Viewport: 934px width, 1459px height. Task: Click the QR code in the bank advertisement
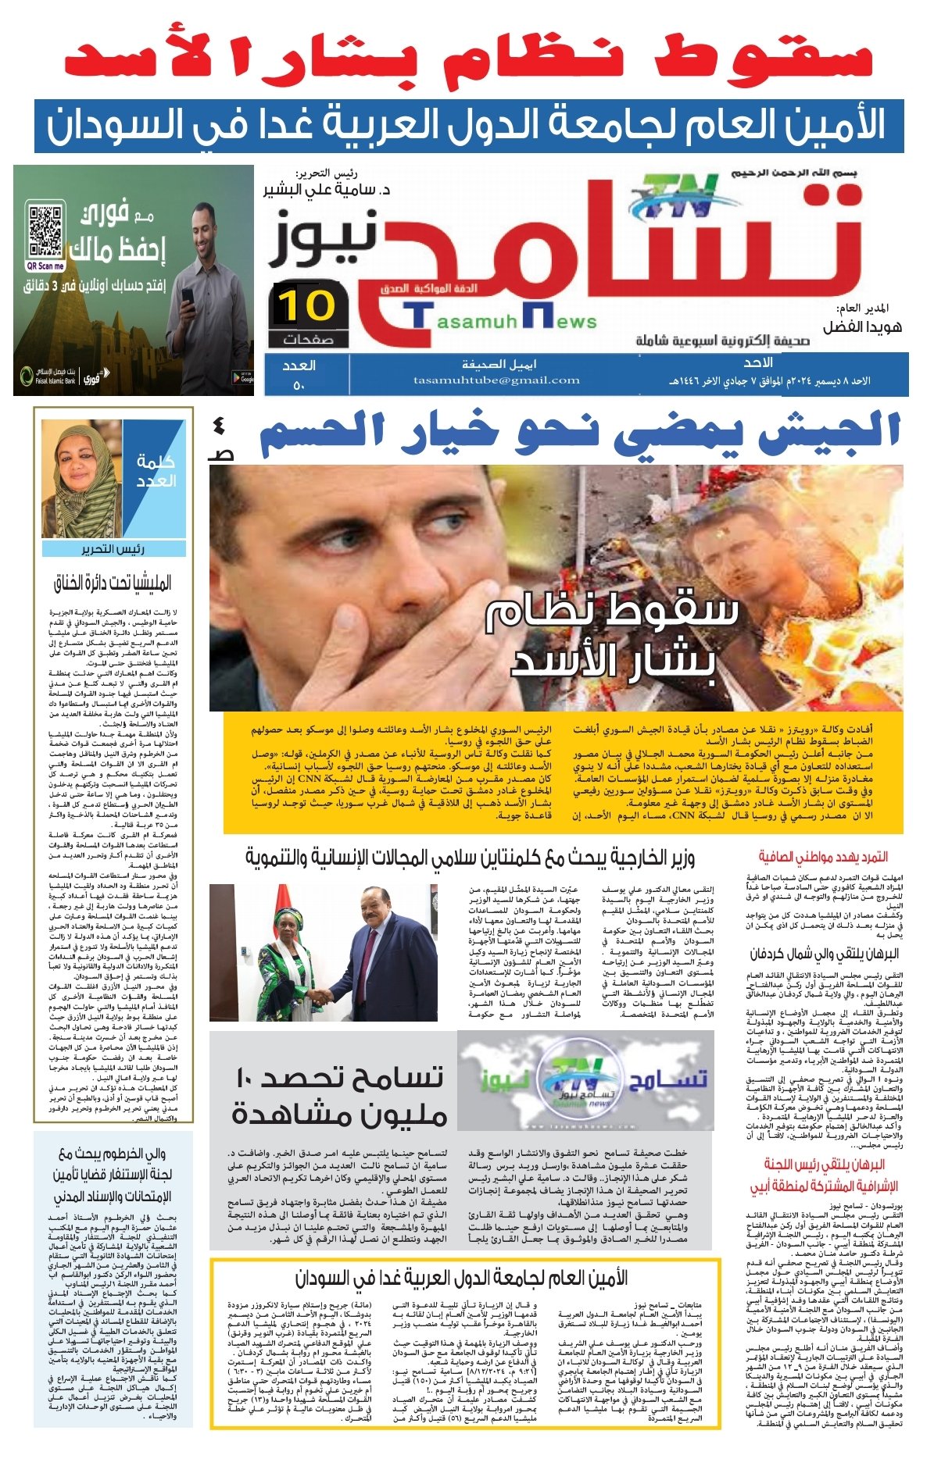coord(45,230)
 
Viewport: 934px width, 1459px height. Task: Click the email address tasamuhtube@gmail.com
coord(496,380)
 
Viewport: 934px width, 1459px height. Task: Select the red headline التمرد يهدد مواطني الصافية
coord(822,857)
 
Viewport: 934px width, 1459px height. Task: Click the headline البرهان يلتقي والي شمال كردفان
coord(825,954)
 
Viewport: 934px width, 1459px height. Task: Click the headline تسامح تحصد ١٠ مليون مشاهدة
coord(338,1097)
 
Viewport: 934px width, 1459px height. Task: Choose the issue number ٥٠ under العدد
coord(299,385)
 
